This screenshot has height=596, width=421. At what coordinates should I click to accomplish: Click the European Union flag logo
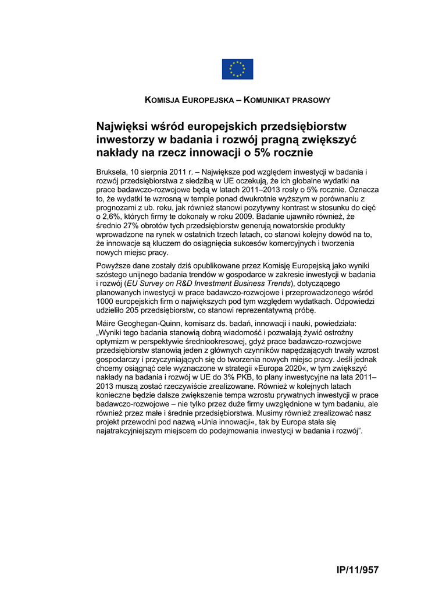pos(237,69)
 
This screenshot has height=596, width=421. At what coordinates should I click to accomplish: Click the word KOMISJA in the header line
pos(163,100)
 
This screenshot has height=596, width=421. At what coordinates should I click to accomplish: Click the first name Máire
pos(106,322)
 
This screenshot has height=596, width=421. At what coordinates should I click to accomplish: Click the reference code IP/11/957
pos(358,570)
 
